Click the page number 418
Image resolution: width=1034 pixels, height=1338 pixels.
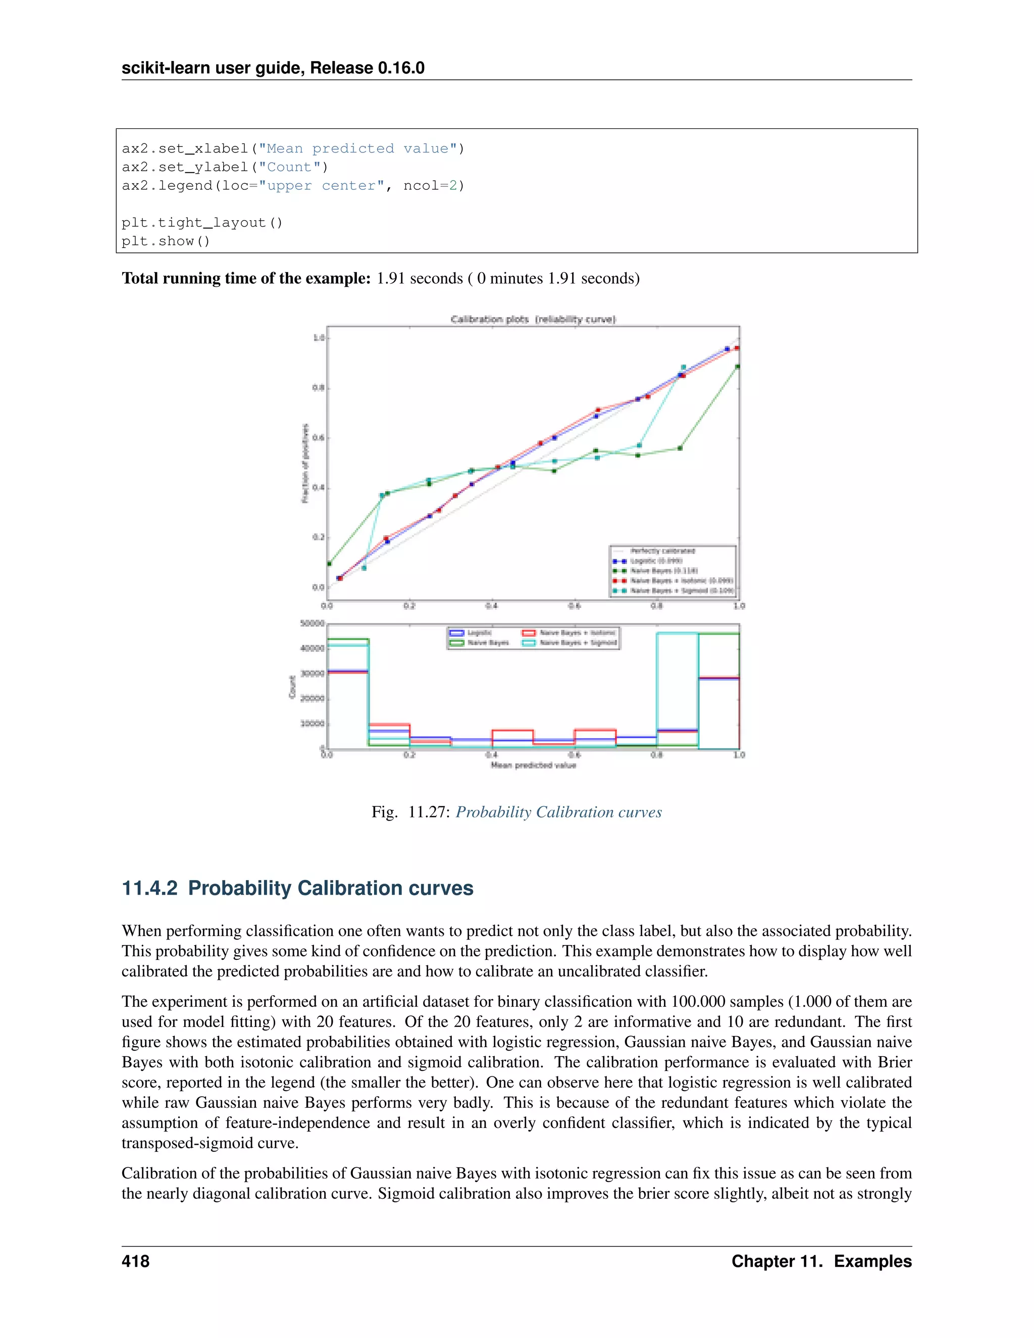tap(135, 1261)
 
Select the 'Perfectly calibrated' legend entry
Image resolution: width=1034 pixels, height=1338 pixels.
tap(662, 551)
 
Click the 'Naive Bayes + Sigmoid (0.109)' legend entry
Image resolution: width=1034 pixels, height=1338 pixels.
tap(681, 591)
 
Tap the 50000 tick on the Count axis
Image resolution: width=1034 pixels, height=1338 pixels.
tap(312, 624)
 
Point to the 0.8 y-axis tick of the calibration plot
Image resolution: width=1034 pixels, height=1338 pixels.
tap(318, 388)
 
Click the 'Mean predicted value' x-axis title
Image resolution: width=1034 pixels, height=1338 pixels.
tap(533, 765)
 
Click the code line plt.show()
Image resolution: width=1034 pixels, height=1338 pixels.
tap(166, 241)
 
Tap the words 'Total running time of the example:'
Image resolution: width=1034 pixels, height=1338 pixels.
tap(246, 278)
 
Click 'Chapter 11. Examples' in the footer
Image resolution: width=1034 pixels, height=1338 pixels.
tap(821, 1261)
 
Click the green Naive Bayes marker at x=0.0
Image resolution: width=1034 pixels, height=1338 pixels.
tap(329, 563)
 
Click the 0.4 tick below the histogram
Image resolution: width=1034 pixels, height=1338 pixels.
tap(491, 755)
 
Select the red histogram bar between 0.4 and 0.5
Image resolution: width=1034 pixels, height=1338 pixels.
tap(512, 730)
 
